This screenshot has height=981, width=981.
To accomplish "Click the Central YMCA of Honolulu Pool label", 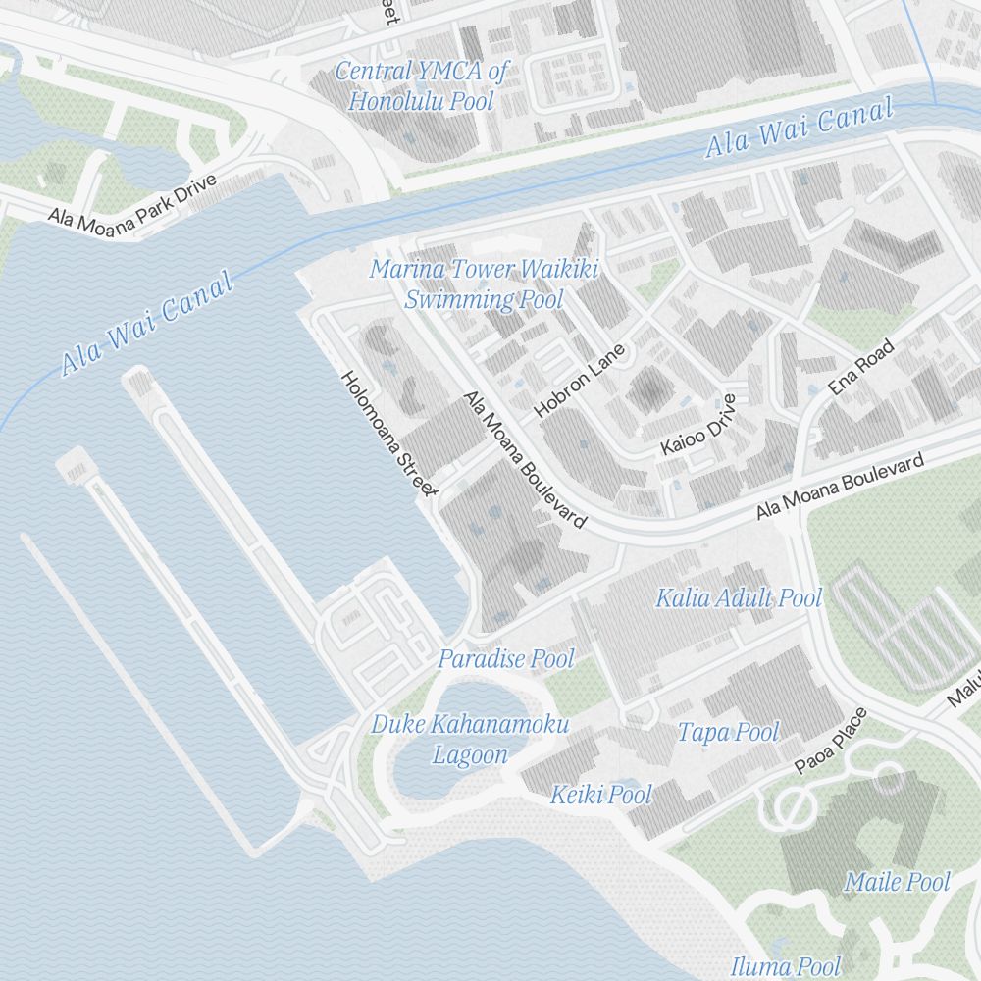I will (422, 85).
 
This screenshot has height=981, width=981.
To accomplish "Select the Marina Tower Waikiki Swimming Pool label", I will (484, 284).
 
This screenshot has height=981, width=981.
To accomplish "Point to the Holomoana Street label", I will (387, 433).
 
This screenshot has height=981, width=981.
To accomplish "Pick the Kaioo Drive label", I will (697, 425).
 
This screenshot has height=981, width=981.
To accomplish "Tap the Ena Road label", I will (861, 367).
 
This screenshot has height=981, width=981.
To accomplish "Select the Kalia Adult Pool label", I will (739, 597).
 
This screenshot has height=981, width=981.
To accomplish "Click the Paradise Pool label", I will (505, 658).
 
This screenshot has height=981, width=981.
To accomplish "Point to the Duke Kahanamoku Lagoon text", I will (469, 740).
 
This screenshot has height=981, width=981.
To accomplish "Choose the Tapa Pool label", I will (728, 732).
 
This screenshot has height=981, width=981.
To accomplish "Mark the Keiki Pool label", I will (600, 795).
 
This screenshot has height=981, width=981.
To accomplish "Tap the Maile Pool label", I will (897, 882).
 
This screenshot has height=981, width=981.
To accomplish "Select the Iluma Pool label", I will (786, 966).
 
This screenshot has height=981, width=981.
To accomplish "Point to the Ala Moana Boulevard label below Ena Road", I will (840, 487).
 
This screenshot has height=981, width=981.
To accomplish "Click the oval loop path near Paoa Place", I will (793, 807).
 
